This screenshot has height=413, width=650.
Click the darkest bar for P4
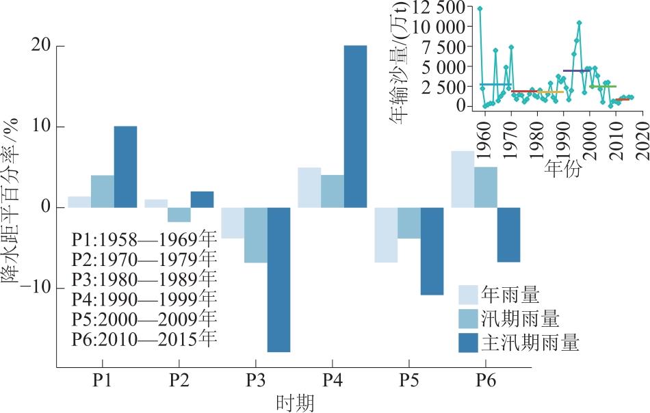(x=355, y=126)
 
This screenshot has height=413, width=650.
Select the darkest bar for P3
(x=278, y=279)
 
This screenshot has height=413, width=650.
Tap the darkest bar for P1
(x=125, y=167)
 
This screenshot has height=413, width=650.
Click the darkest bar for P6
(x=508, y=235)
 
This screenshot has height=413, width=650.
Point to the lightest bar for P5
(x=385, y=235)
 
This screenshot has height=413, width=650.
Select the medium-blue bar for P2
(x=179, y=215)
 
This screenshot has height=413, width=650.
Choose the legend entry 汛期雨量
(x=519, y=319)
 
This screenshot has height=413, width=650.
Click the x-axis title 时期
(x=296, y=403)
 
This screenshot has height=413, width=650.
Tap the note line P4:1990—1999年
(x=144, y=299)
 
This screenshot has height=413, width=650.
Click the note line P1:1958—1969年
(x=144, y=240)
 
